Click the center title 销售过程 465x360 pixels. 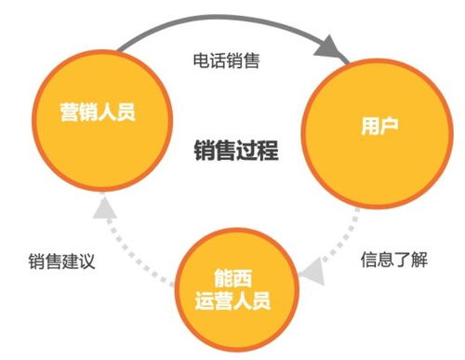tap(236, 150)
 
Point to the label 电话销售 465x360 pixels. tap(229, 62)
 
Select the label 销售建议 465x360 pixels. tap(61, 260)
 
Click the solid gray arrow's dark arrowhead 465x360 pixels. tap(337, 49)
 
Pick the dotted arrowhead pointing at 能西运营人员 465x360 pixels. tap(313, 273)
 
